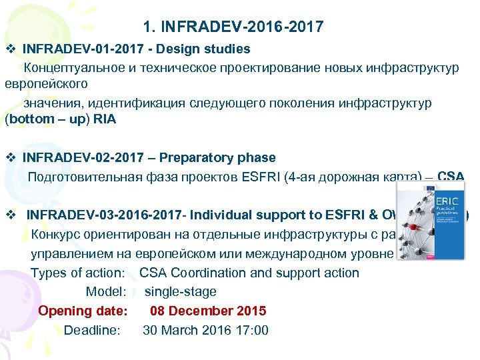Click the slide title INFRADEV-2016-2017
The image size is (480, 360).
coord(233,27)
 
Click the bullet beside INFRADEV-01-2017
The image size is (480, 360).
coord(10,49)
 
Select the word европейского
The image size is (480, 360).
coord(47,85)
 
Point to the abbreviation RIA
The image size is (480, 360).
coord(106,120)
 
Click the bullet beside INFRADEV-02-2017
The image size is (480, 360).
coord(10,158)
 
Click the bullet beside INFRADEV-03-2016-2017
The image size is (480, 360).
coord(10,215)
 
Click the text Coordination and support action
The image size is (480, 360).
coord(265,273)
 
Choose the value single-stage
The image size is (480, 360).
coord(181,291)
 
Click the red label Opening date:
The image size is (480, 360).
coord(83,311)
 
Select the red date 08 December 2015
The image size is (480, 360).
coord(208,311)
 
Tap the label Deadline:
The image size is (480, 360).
coord(92,330)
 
